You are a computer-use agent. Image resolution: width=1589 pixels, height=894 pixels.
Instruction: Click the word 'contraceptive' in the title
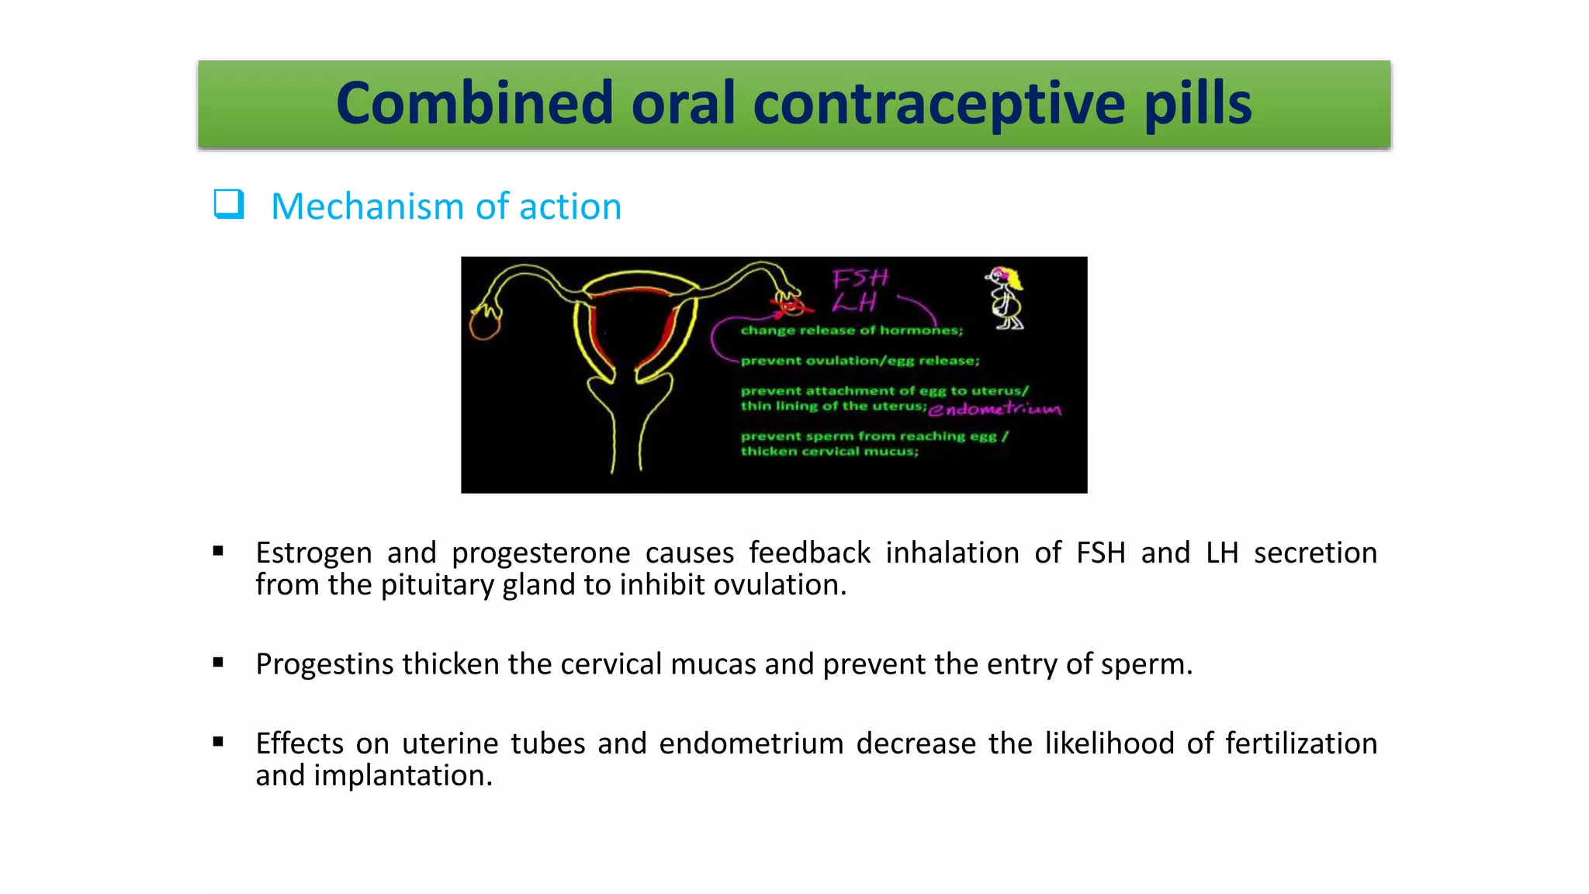pos(939,104)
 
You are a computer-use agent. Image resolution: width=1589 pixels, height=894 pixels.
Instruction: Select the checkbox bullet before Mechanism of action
pos(229,205)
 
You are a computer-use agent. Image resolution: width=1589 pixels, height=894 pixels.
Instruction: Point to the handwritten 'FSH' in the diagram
pos(860,278)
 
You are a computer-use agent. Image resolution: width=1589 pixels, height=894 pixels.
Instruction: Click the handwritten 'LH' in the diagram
pos(854,303)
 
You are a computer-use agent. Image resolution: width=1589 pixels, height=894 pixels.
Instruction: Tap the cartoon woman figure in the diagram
pos(1006,298)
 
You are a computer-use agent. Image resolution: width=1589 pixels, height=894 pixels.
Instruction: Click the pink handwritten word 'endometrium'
pos(995,409)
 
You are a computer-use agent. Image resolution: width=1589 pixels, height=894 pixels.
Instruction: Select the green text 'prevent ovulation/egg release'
pos(860,361)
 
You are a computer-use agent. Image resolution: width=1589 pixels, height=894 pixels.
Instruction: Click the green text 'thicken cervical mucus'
pos(829,452)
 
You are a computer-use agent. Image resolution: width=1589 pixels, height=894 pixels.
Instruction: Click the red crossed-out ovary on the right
pos(790,305)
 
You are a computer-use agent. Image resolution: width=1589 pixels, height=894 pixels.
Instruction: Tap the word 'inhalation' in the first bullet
pos(952,553)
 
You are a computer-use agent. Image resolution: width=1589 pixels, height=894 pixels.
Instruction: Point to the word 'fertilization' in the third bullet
pos(1301,743)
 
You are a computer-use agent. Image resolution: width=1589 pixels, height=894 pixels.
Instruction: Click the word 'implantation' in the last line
pos(403,775)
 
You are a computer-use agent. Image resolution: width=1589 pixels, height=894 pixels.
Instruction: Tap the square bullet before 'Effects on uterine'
pos(218,742)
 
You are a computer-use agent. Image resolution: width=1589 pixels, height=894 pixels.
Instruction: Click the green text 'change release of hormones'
pos(851,331)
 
